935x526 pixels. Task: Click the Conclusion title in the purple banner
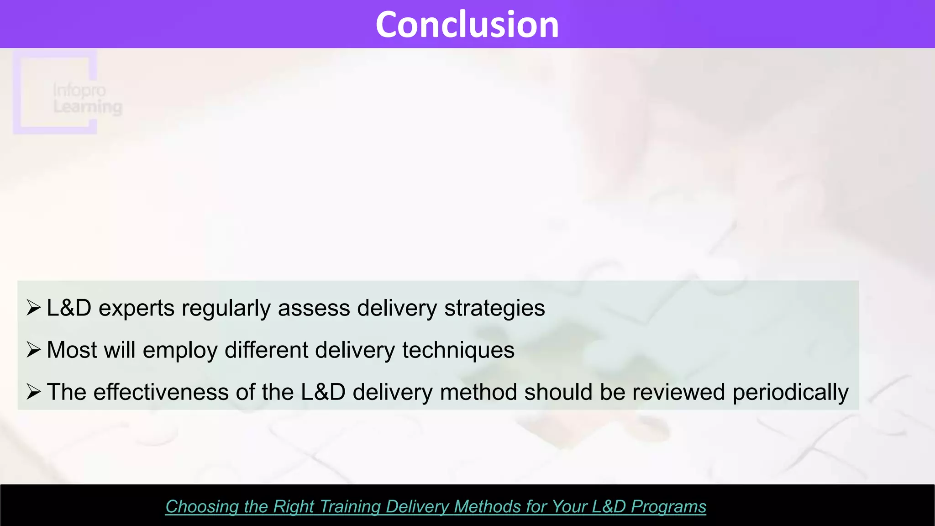point(467,25)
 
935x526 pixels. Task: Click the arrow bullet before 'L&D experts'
point(34,308)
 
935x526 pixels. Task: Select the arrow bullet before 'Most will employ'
point(34,350)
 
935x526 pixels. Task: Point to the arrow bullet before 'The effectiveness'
point(34,392)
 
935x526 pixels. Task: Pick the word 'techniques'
point(458,351)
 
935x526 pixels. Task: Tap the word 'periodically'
point(790,393)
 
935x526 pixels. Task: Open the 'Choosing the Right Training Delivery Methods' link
point(436,507)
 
